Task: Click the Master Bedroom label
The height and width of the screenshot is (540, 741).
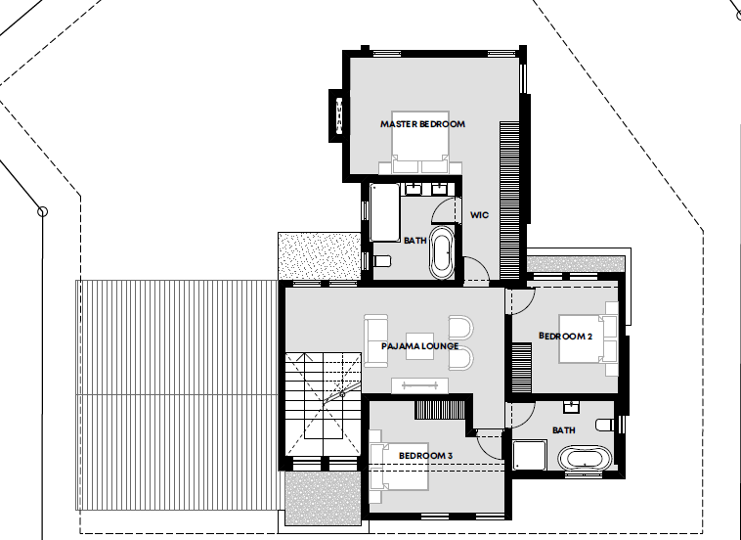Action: pos(422,124)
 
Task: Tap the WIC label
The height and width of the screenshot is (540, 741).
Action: pos(479,215)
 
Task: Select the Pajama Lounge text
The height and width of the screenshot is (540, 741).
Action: pos(419,346)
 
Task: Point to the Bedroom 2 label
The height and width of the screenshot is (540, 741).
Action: pos(565,337)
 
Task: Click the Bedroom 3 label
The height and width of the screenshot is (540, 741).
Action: pos(425,456)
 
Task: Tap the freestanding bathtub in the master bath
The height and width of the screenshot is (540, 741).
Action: pos(442,253)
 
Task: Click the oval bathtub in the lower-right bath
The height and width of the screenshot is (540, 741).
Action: pos(585,458)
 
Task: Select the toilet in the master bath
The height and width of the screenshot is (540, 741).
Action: pos(382,261)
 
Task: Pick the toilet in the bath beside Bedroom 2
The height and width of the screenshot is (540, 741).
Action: pos(605,425)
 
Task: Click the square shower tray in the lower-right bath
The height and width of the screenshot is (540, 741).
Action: pos(529,455)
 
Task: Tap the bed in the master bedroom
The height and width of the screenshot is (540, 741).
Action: pos(420,143)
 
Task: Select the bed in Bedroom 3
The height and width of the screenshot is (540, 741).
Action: pos(399,467)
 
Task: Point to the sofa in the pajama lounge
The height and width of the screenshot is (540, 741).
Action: pos(375,341)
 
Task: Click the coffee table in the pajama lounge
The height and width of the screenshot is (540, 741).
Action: pos(419,346)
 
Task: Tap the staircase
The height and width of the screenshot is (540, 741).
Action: pos(324,404)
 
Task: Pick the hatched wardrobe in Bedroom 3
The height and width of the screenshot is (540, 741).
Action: pos(440,410)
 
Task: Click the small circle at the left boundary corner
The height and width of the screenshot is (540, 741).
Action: pos(43,211)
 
